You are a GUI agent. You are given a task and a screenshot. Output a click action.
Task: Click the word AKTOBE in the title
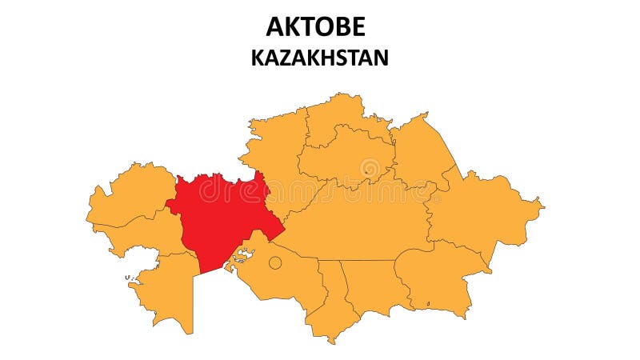(315, 26)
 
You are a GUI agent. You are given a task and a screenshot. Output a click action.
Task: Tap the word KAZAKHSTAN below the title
(319, 58)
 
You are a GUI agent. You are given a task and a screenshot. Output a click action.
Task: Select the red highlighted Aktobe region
(220, 216)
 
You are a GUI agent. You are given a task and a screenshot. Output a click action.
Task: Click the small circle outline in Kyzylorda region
(274, 262)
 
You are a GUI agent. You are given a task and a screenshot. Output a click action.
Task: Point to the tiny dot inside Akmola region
(366, 170)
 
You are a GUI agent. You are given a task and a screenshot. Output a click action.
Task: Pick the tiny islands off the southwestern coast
(128, 278)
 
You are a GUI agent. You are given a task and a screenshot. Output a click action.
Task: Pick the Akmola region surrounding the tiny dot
(344, 156)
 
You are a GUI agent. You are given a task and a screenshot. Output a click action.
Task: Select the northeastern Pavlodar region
(420, 152)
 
